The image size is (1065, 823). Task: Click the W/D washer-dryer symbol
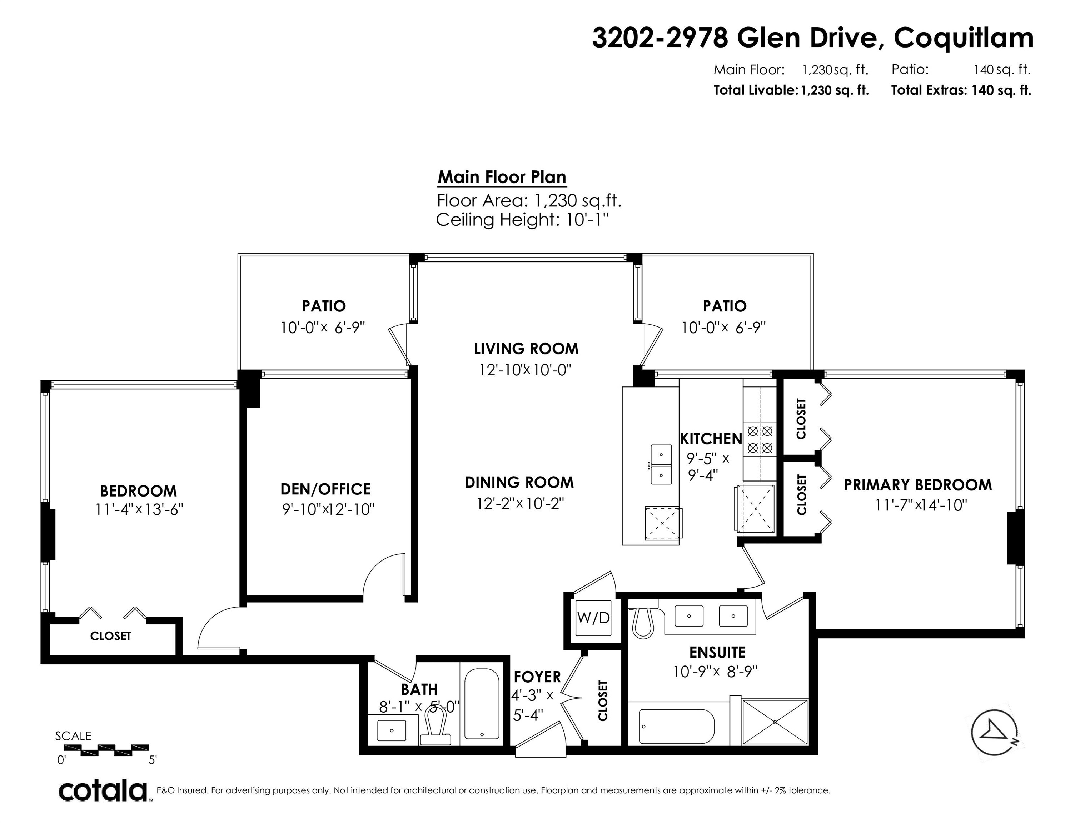(593, 618)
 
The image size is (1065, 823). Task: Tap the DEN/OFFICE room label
(326, 489)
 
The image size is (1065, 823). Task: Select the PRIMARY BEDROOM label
(918, 485)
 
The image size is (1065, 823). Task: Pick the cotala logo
(103, 790)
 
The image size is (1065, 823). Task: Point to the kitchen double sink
(661, 464)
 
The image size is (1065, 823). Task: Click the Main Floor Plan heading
(502, 177)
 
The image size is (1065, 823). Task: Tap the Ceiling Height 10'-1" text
(523, 220)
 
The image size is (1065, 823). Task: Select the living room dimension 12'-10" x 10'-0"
(525, 370)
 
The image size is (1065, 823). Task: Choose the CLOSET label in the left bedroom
(111, 636)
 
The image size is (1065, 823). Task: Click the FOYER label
(537, 677)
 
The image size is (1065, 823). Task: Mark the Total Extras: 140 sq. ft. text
(961, 90)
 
